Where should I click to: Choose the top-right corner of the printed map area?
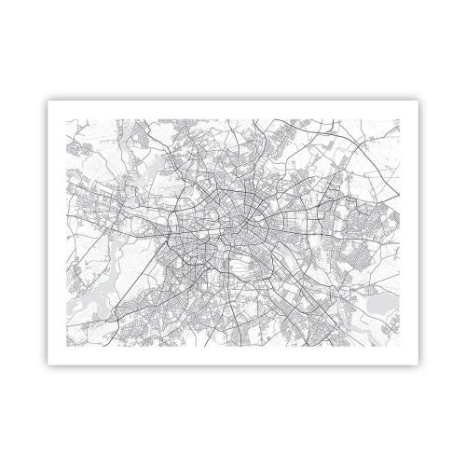tap(403, 118)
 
